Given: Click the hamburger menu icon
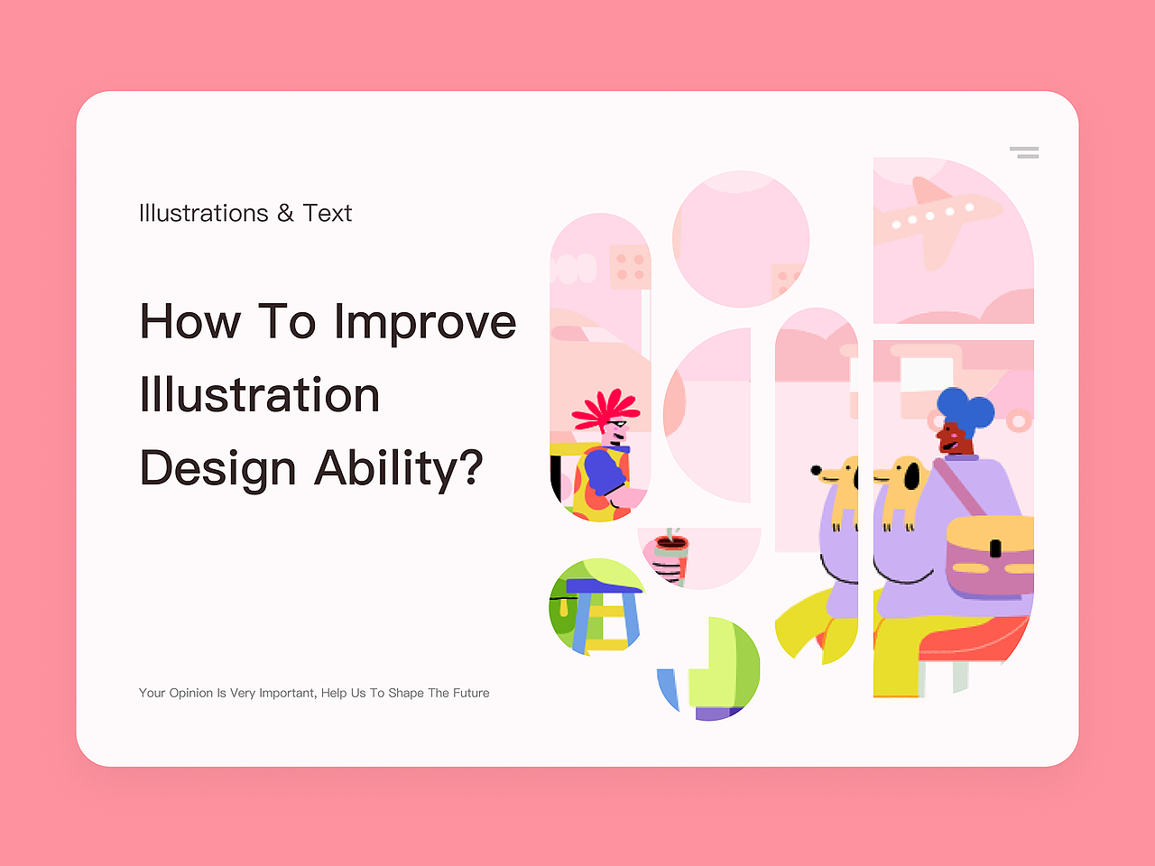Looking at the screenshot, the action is (1024, 152).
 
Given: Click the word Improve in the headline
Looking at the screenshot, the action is (425, 323).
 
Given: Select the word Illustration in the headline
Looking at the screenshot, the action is (259, 394).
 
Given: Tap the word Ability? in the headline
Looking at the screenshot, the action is (398, 469).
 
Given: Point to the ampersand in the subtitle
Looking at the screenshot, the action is (285, 213).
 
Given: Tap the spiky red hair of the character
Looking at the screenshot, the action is (606, 410).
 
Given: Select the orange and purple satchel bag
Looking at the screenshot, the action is (990, 557).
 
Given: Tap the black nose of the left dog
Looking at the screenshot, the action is (816, 470).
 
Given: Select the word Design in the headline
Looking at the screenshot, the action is (217, 469).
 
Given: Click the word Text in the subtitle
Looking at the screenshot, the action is (327, 213).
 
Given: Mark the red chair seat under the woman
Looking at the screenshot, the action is (974, 639).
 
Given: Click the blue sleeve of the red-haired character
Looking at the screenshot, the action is (605, 470).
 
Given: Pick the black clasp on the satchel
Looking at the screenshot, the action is (995, 548).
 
